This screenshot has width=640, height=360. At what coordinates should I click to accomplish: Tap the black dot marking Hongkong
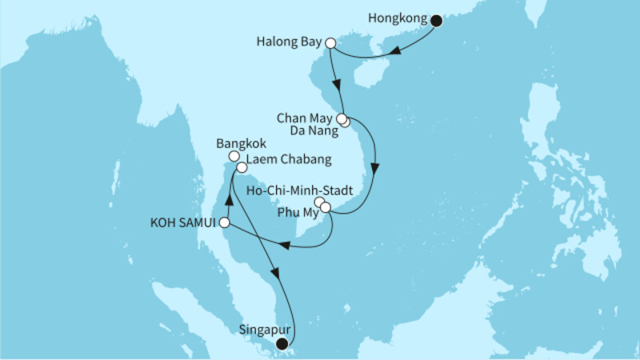(x=436, y=21)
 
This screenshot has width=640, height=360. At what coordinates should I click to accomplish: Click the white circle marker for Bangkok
(x=234, y=157)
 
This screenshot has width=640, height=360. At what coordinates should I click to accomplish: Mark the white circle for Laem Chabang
(x=242, y=167)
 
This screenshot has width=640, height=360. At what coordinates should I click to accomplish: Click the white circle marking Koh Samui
(x=226, y=222)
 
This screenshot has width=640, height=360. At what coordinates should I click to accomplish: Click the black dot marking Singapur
(x=281, y=344)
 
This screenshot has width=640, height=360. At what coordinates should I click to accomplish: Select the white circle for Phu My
(x=326, y=208)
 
